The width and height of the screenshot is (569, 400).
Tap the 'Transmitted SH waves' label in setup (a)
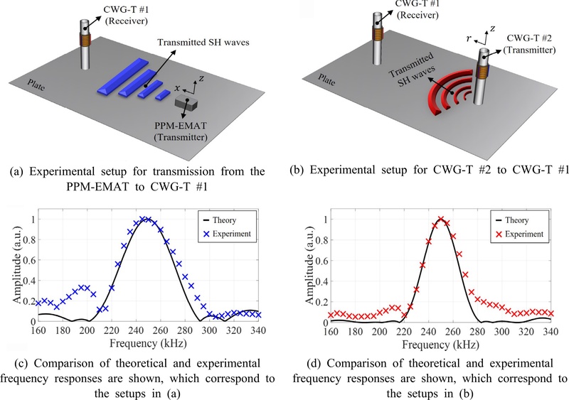click(x=203, y=43)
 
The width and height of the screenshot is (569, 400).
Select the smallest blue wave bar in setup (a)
click(x=163, y=95)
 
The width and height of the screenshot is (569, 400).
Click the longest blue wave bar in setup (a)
click(x=123, y=76)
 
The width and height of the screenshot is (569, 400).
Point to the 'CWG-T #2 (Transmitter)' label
click(x=529, y=44)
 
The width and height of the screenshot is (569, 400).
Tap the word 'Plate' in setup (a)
click(x=36, y=85)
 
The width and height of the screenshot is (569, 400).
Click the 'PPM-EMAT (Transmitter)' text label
click(x=181, y=131)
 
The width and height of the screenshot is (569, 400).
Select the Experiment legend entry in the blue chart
click(x=227, y=234)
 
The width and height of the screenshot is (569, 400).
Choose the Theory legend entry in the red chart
click(x=512, y=220)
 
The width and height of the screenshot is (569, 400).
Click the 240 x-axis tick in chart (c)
click(x=136, y=330)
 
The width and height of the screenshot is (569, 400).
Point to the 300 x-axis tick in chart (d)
click(x=502, y=332)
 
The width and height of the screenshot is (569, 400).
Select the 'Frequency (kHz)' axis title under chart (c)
click(x=148, y=343)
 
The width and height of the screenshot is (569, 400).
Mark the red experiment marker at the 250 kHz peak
click(x=441, y=219)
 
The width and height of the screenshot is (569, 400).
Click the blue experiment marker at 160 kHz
click(x=38, y=303)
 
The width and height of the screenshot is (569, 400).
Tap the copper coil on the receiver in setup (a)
click(x=85, y=40)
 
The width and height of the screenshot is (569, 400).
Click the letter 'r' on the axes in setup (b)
click(x=469, y=38)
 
